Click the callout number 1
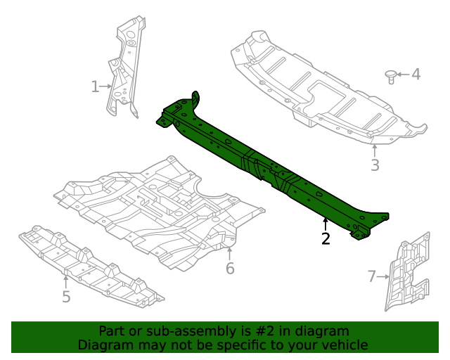[x=95, y=86]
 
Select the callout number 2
[x=326, y=239]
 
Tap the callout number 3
[x=375, y=165]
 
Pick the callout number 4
[x=416, y=74]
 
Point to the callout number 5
[x=66, y=297]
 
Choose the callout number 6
[x=230, y=269]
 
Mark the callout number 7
[x=372, y=276]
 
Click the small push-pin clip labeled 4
[x=391, y=76]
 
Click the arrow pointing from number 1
[x=107, y=86]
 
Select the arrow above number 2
[x=326, y=224]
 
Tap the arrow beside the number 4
[x=403, y=74]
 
